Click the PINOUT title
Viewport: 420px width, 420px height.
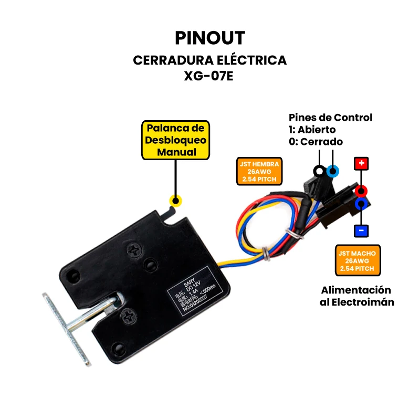point(209,37)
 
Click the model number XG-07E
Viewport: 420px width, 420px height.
point(209,75)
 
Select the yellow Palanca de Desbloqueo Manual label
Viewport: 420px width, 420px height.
point(176,140)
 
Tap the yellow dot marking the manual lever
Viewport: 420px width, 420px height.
point(175,200)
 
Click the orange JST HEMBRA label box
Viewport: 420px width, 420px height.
point(260,171)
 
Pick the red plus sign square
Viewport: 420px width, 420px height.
point(361,163)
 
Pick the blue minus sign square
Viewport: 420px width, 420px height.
point(361,230)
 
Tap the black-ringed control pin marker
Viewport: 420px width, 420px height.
point(319,171)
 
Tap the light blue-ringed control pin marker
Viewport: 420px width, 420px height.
point(332,171)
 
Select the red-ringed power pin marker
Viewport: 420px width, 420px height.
point(361,191)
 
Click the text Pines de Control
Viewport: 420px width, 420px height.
point(330,117)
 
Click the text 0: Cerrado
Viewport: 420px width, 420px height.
point(316,141)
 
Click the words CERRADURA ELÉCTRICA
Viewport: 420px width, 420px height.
point(209,60)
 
